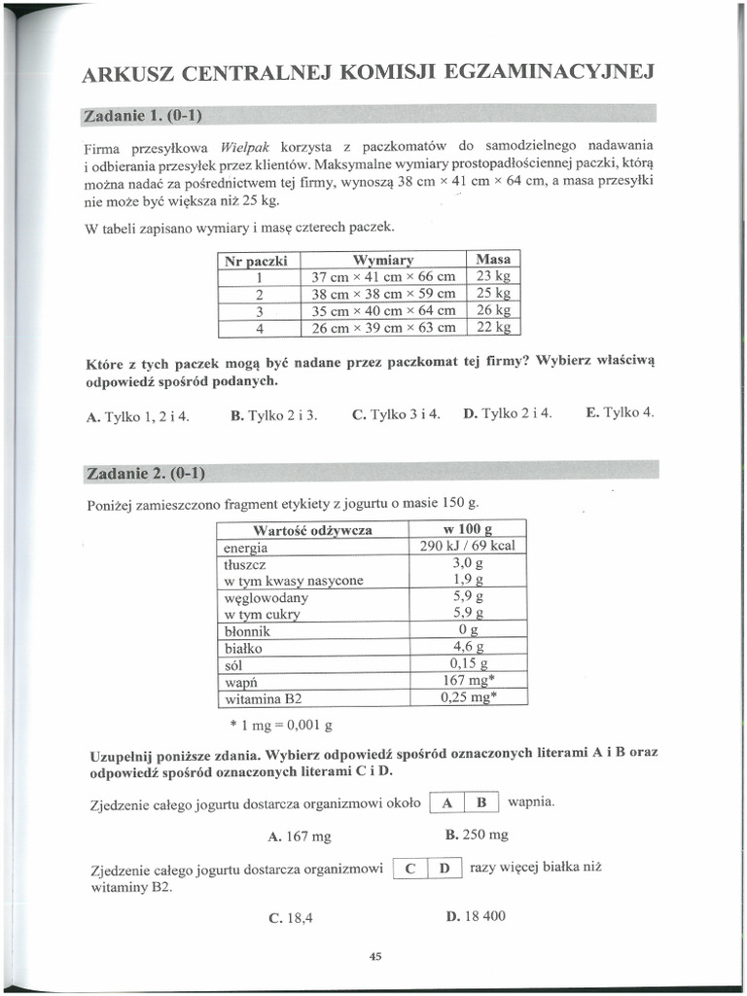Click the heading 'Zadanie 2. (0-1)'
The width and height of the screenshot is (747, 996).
(x=145, y=474)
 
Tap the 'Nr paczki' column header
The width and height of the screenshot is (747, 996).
(x=259, y=261)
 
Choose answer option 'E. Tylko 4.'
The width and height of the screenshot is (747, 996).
(x=620, y=412)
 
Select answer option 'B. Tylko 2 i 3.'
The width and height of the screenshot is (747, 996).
(x=274, y=414)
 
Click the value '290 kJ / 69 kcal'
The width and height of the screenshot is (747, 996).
(x=467, y=546)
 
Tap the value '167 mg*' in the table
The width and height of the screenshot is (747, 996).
(x=467, y=681)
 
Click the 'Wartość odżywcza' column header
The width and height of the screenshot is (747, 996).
(x=312, y=530)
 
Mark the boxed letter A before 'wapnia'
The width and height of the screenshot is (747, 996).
(x=446, y=803)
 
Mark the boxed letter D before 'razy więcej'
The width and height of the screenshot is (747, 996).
(x=444, y=869)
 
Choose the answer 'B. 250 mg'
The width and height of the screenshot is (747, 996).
(x=477, y=836)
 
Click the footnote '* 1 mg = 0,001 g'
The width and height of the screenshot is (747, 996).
(x=281, y=725)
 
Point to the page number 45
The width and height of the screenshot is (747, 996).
(x=376, y=957)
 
